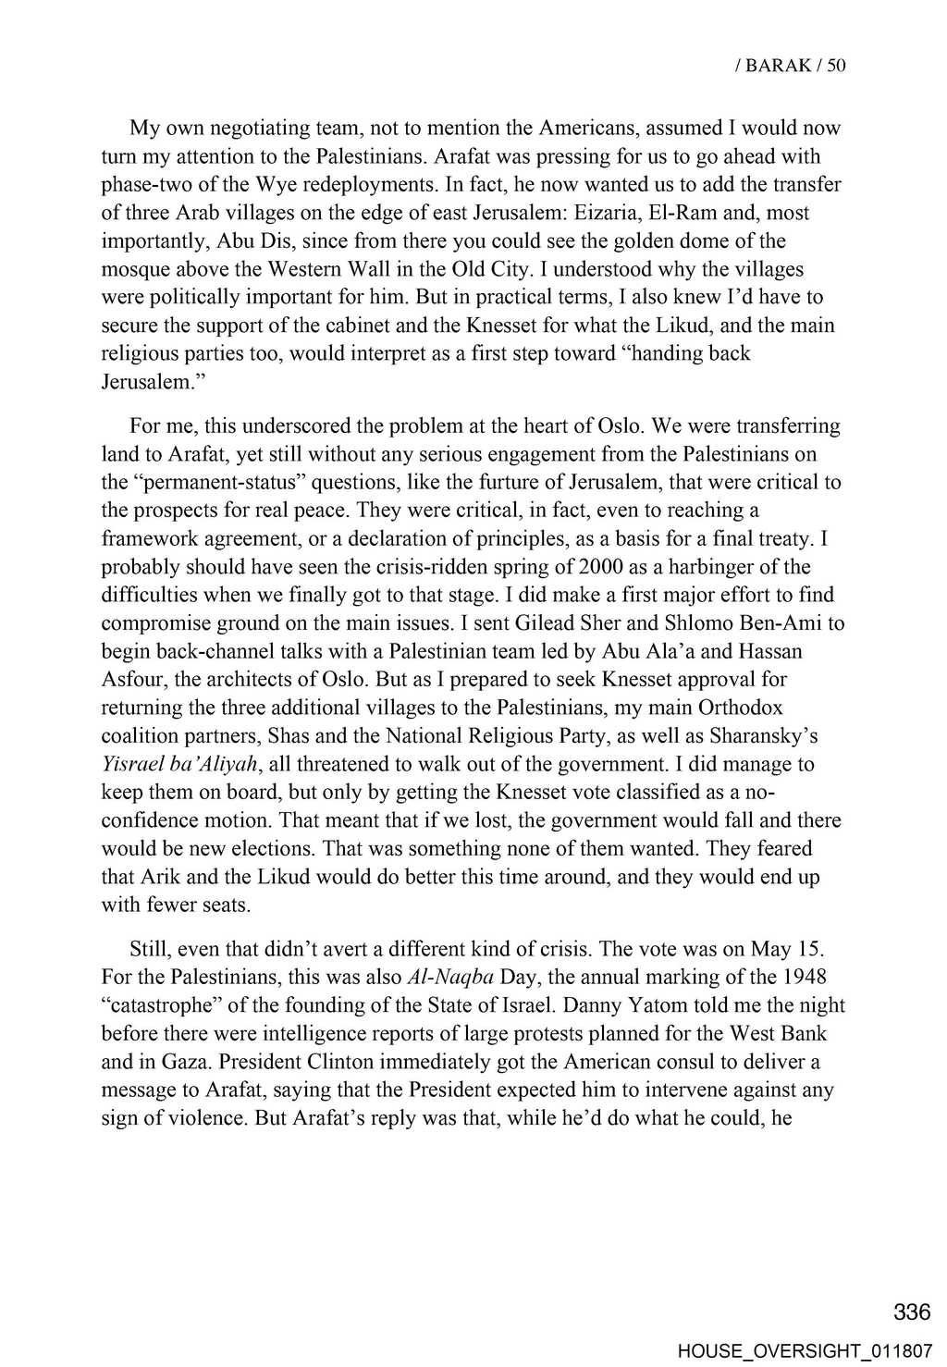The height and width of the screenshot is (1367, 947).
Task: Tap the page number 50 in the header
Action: click(x=836, y=65)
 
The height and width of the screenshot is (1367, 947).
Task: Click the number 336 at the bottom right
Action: click(x=912, y=1312)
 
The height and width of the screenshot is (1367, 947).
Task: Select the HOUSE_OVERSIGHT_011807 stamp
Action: click(x=805, y=1351)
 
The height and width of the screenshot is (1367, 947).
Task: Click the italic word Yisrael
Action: click(x=132, y=764)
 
